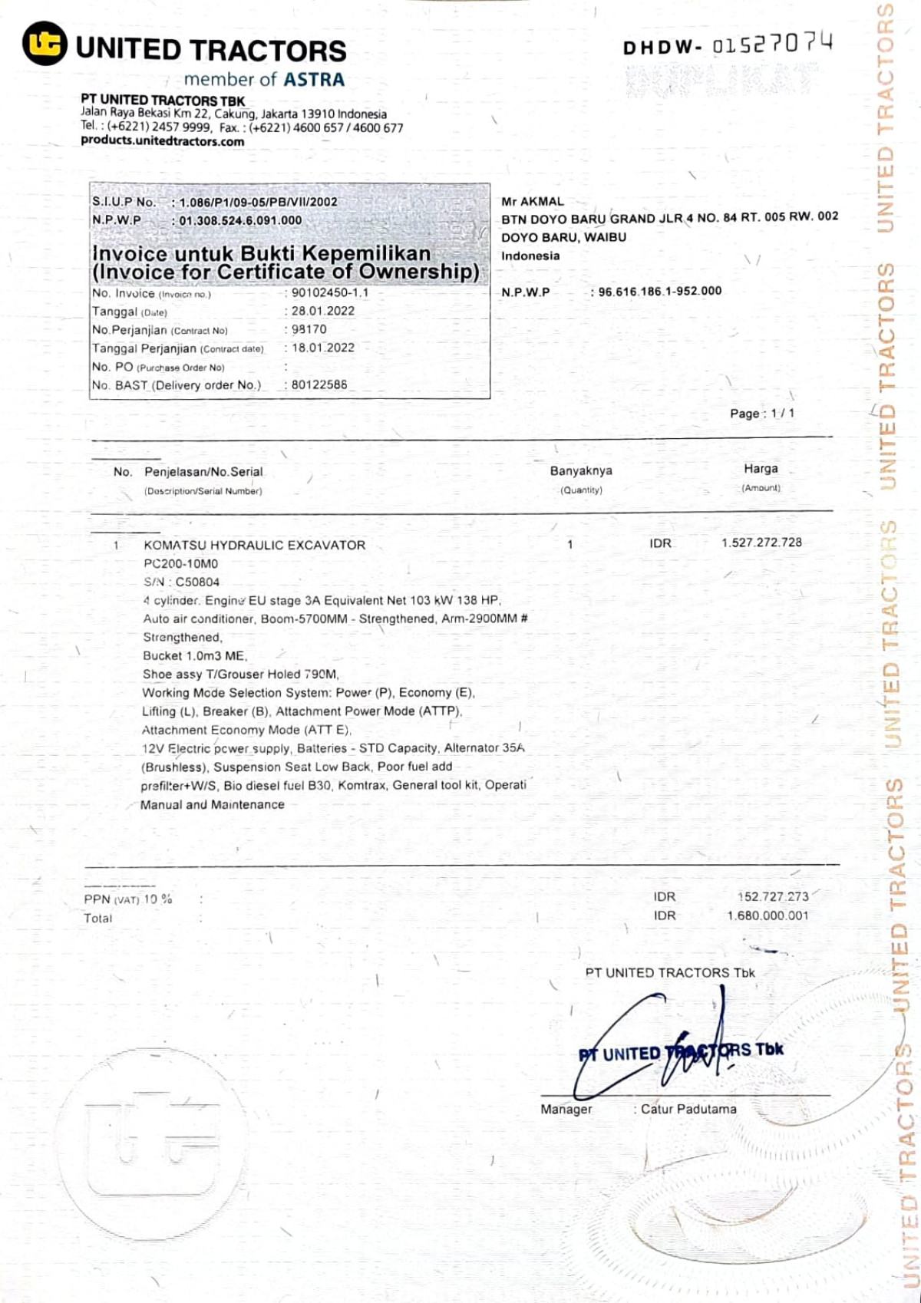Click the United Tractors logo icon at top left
44,44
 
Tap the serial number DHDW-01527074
727,45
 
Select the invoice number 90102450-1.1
329,292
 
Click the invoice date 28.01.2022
322,311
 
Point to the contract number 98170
309,329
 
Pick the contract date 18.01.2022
322,348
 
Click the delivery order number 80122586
319,384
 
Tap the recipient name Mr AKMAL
533,201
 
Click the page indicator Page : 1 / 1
761,414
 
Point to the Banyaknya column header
581,471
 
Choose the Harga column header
761,469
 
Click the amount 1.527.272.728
761,543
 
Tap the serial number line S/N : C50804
181,582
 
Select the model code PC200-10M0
181,563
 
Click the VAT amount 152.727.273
773,896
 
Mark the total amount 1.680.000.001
767,915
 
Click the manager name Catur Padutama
688,1109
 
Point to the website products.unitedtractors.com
163,141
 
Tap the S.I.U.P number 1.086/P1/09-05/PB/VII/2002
258,202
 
